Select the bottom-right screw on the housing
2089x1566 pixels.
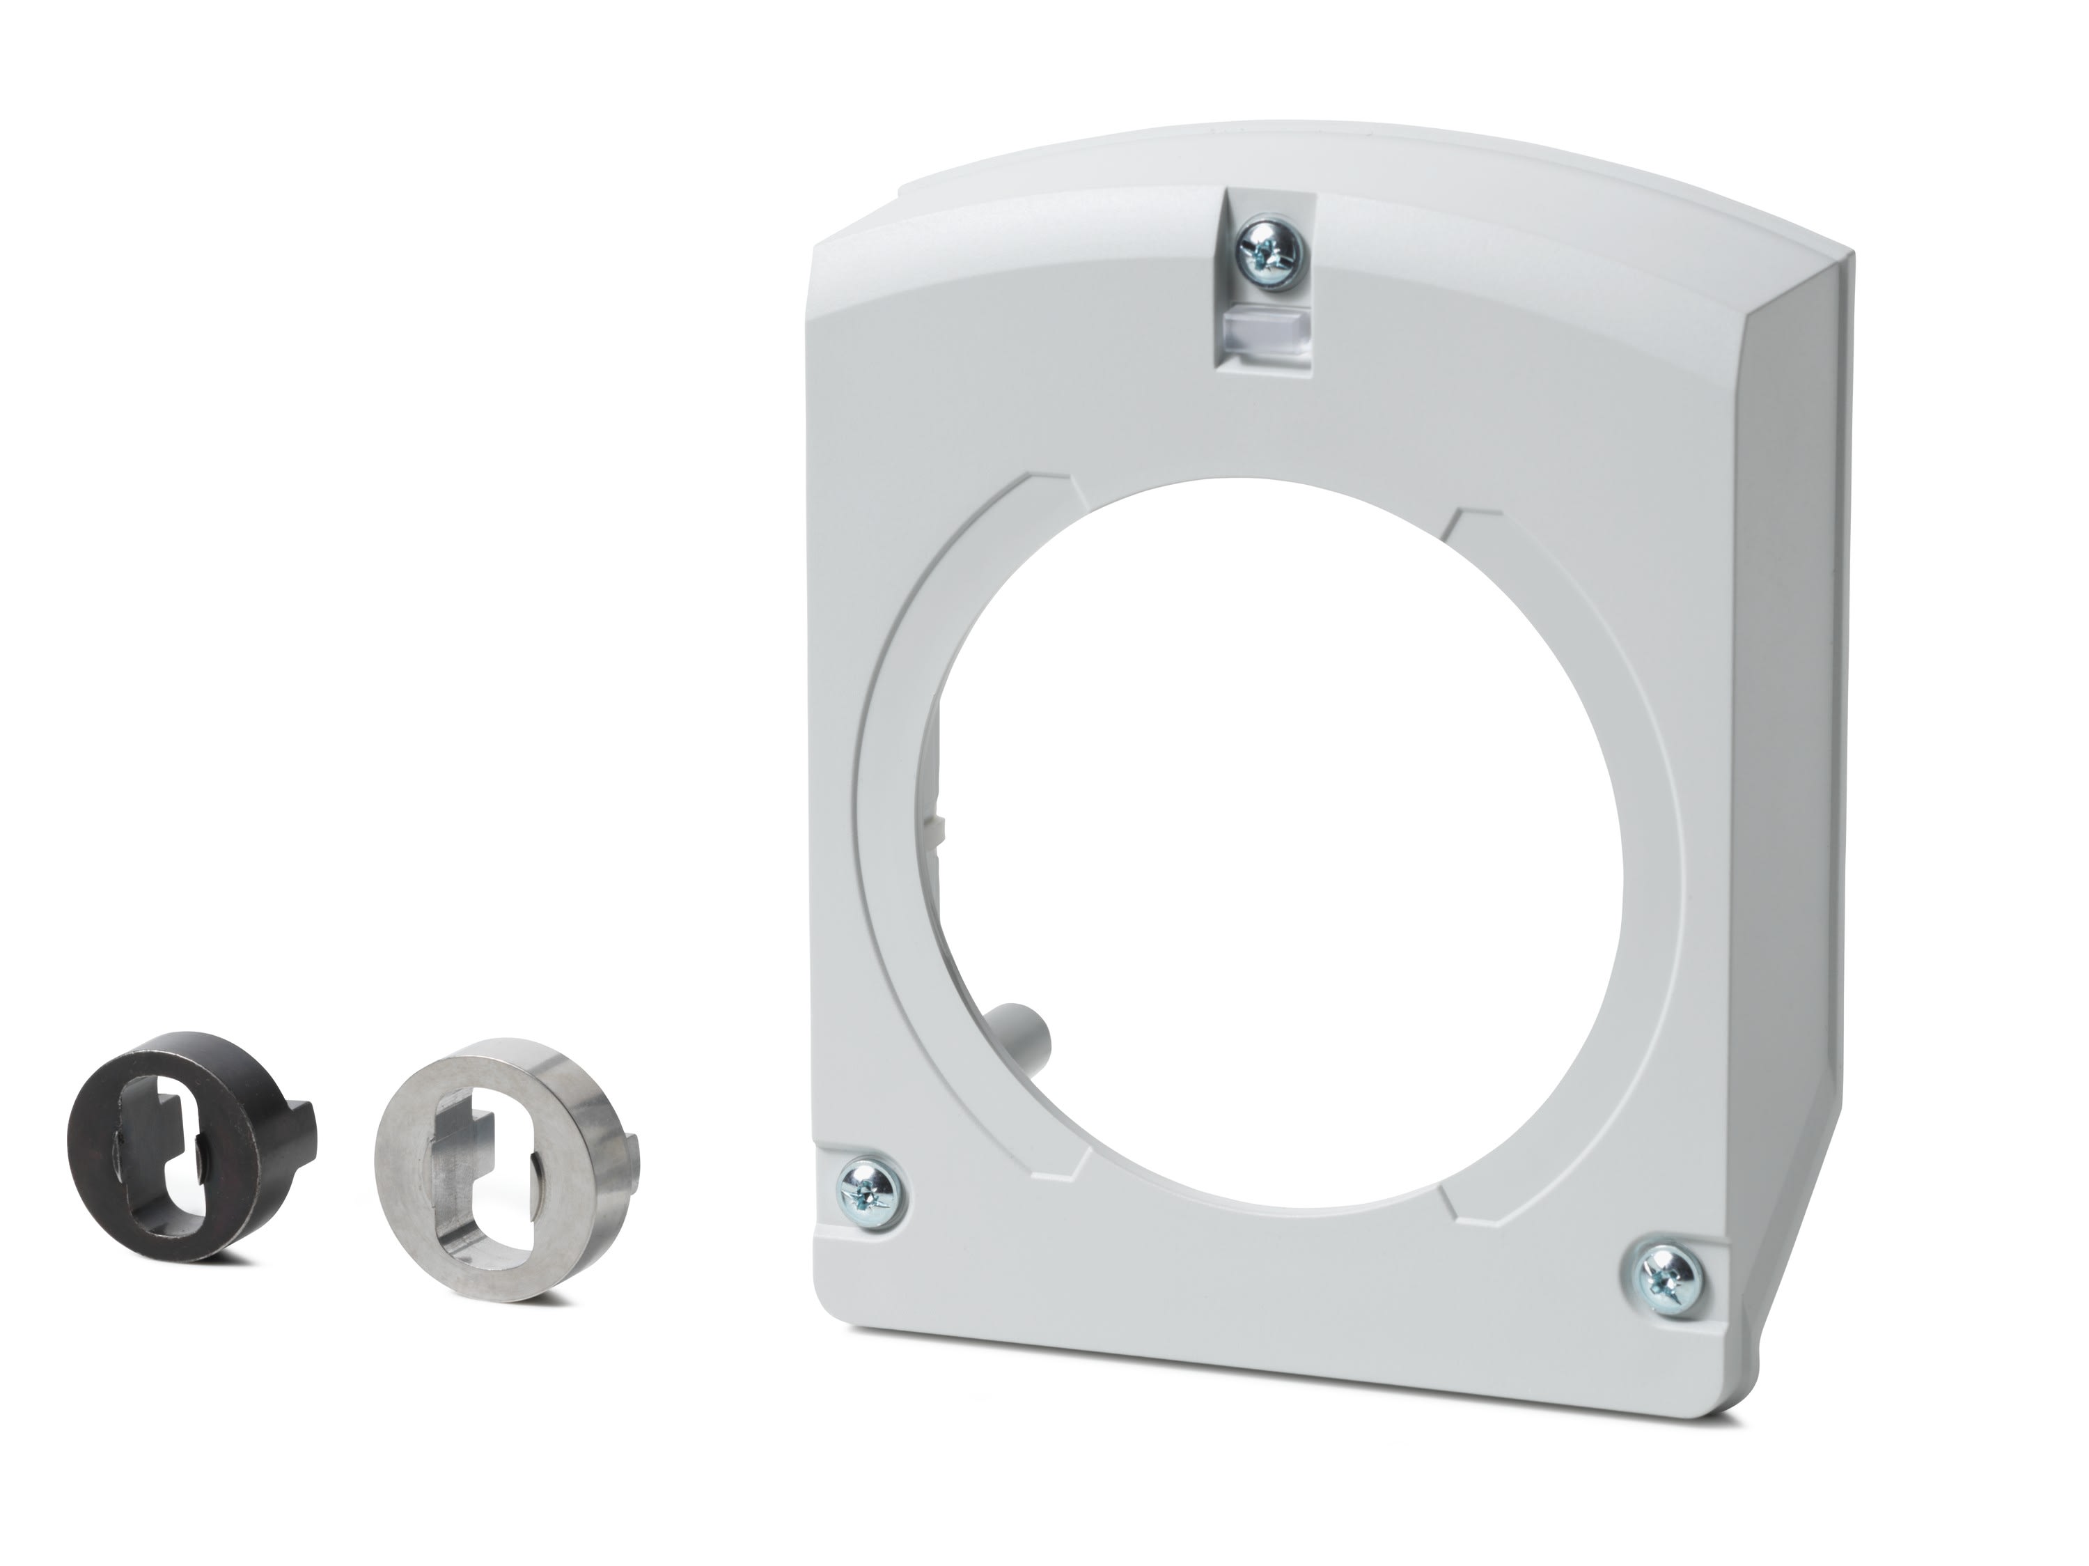coord(1666,1274)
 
